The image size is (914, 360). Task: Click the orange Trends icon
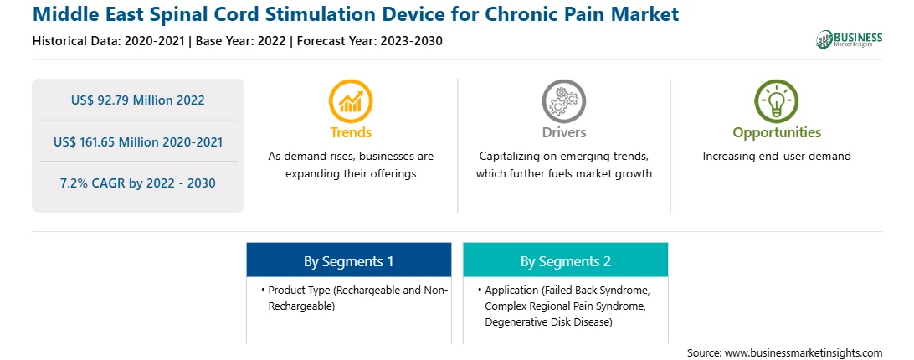click(x=351, y=101)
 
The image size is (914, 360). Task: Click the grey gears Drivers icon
click(x=563, y=101)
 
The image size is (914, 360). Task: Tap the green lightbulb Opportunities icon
click(x=777, y=101)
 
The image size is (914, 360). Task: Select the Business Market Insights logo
click(x=850, y=39)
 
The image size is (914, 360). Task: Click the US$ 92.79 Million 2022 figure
click(x=137, y=100)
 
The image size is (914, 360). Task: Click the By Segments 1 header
click(x=348, y=261)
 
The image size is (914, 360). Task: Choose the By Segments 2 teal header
click(x=566, y=261)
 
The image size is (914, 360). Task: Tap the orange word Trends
click(x=351, y=132)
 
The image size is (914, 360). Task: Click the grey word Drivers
click(x=563, y=132)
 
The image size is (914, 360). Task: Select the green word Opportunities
click(x=777, y=133)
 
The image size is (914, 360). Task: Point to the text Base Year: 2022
click(x=241, y=41)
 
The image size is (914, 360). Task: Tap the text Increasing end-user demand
click(x=777, y=157)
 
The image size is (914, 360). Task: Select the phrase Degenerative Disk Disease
click(x=548, y=322)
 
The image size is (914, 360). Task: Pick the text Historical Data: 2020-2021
click(x=110, y=41)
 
